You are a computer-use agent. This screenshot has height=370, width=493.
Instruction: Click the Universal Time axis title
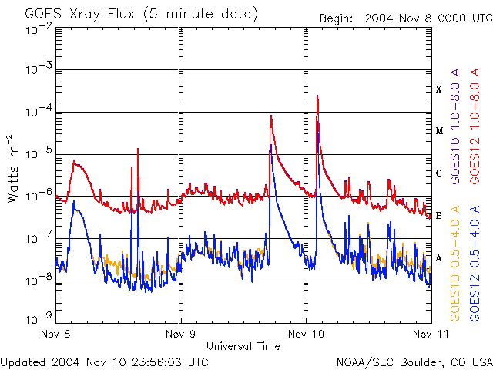[x=243, y=346]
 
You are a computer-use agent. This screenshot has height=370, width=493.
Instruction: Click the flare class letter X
[x=439, y=89]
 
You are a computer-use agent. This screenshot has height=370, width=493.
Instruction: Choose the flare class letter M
[x=439, y=131]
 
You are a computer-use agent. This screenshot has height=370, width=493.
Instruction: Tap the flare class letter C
[x=439, y=173]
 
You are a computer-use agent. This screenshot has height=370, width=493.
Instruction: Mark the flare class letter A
[x=439, y=258]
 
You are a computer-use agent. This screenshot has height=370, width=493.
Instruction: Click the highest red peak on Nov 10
[x=317, y=96]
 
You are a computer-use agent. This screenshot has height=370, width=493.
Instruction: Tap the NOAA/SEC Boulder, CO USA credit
[x=414, y=362]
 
